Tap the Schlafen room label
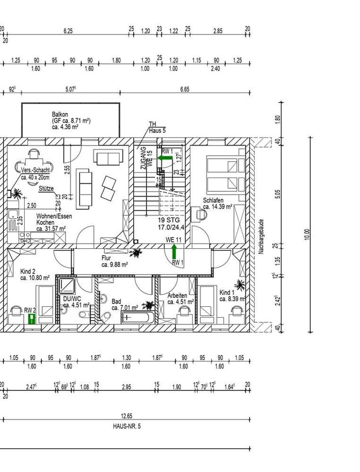click(x=213, y=201)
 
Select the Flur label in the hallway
click(x=107, y=258)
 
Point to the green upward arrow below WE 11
click(x=174, y=252)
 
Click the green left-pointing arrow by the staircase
click(x=166, y=159)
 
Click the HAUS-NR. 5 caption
click(x=126, y=426)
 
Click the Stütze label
click(x=46, y=189)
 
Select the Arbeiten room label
click(x=177, y=295)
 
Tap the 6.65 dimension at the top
click(x=184, y=90)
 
